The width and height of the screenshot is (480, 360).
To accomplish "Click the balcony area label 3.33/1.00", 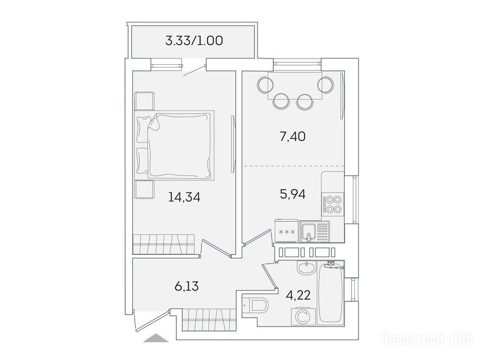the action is (194, 41).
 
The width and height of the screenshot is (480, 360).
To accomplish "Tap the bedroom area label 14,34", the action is (184, 197).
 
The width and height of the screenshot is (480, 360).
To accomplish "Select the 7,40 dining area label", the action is (292, 136).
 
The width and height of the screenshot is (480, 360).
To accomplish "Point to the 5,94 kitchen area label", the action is (292, 194).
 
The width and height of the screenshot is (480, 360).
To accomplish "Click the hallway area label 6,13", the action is (187, 286).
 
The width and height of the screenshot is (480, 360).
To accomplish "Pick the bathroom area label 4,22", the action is (298, 295).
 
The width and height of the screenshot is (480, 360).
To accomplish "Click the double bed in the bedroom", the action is (174, 145).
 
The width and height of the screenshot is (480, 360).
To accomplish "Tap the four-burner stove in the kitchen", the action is (333, 204).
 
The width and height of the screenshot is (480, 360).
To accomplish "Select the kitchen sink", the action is (315, 231).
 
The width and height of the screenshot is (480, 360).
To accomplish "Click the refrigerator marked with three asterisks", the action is (286, 231).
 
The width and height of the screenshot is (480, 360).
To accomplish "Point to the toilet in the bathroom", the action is (256, 305).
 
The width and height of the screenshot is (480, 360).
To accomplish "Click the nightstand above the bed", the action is (144, 101).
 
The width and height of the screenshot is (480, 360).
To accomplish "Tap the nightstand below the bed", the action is (144, 190).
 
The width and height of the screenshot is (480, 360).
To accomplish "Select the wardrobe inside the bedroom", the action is (164, 244).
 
